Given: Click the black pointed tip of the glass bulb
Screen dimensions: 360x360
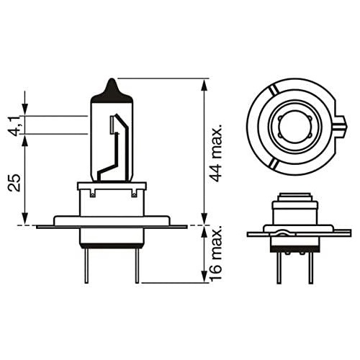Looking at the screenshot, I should click(111, 86).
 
